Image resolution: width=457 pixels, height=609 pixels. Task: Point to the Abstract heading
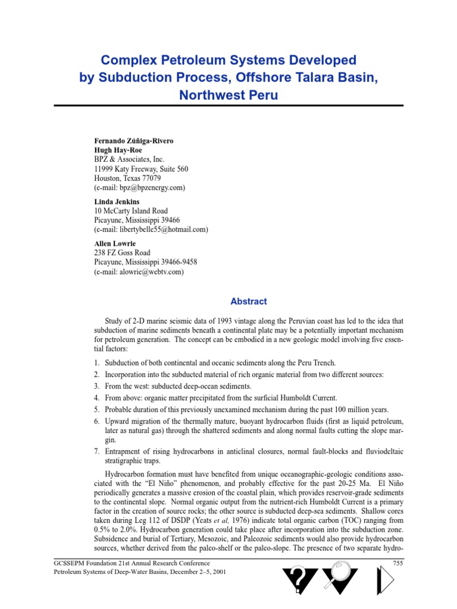click(249, 302)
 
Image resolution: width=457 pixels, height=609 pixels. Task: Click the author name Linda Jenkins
click(117, 202)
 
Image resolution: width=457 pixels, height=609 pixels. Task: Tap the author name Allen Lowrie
click(115, 244)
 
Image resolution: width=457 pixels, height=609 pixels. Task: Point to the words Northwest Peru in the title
click(228, 95)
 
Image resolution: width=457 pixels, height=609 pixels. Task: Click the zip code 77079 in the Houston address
click(151, 178)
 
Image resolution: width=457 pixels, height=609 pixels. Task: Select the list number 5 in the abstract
click(97, 410)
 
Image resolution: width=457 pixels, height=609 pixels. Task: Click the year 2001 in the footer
click(218, 572)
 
